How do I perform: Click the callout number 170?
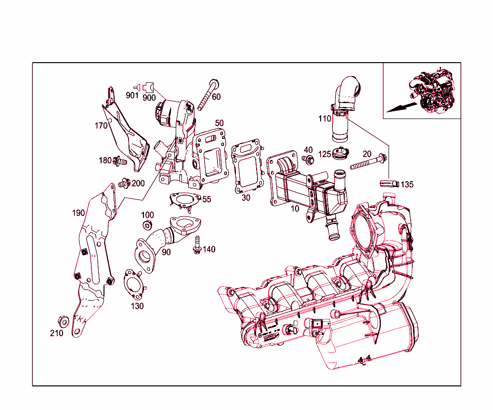tap(101, 126)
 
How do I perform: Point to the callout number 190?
tap(78, 213)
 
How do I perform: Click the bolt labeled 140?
tap(196, 246)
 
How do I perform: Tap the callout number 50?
tap(220, 123)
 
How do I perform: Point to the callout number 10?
tap(294, 209)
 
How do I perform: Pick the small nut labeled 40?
tap(307, 159)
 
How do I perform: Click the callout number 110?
tap(324, 118)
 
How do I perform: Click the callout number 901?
tap(132, 95)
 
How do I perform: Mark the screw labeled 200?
tap(124, 183)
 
